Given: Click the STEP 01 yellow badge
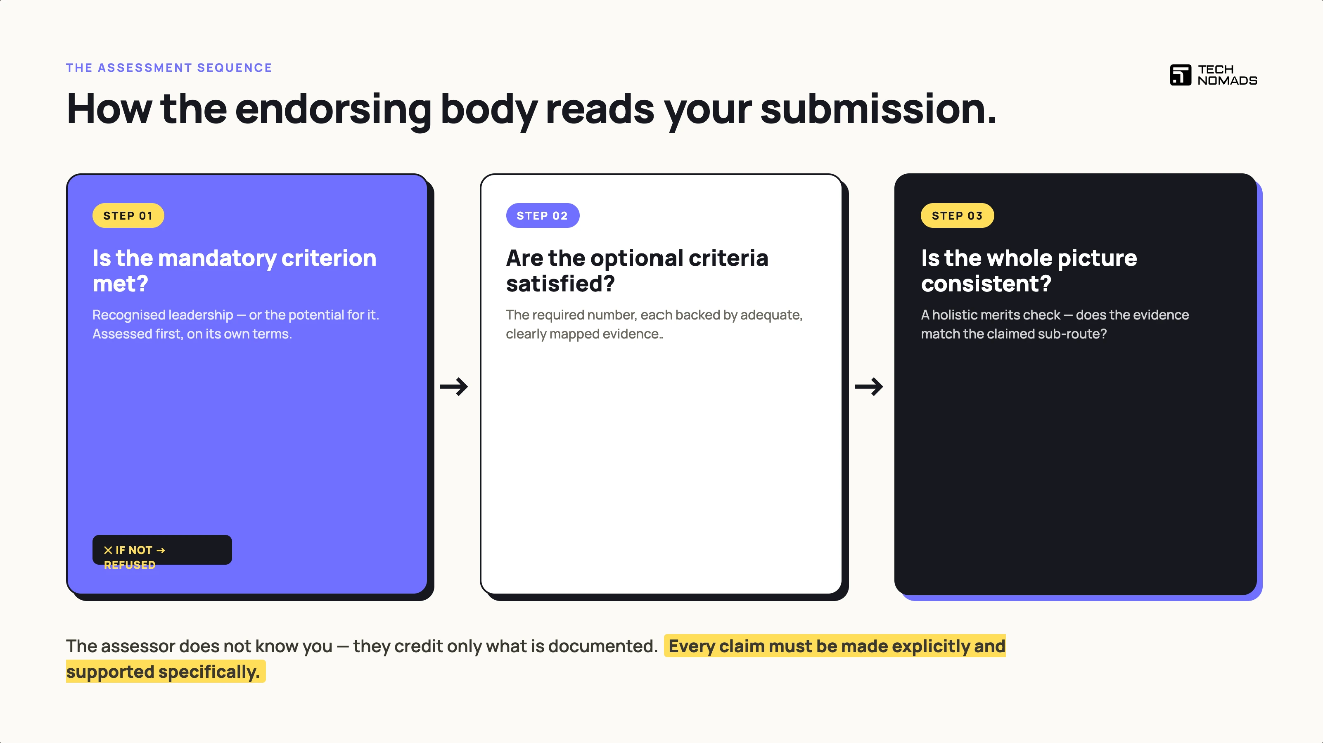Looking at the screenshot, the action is (128, 215).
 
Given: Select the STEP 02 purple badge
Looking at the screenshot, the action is (542, 215).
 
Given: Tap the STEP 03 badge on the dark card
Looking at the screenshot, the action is (957, 215).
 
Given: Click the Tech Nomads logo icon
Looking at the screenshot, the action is (1180, 75).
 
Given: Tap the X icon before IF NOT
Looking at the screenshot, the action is (108, 550).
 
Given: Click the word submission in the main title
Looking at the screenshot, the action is (878, 109).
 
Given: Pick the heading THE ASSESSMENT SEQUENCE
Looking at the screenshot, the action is (169, 68).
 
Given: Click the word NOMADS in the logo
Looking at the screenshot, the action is (1228, 80).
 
